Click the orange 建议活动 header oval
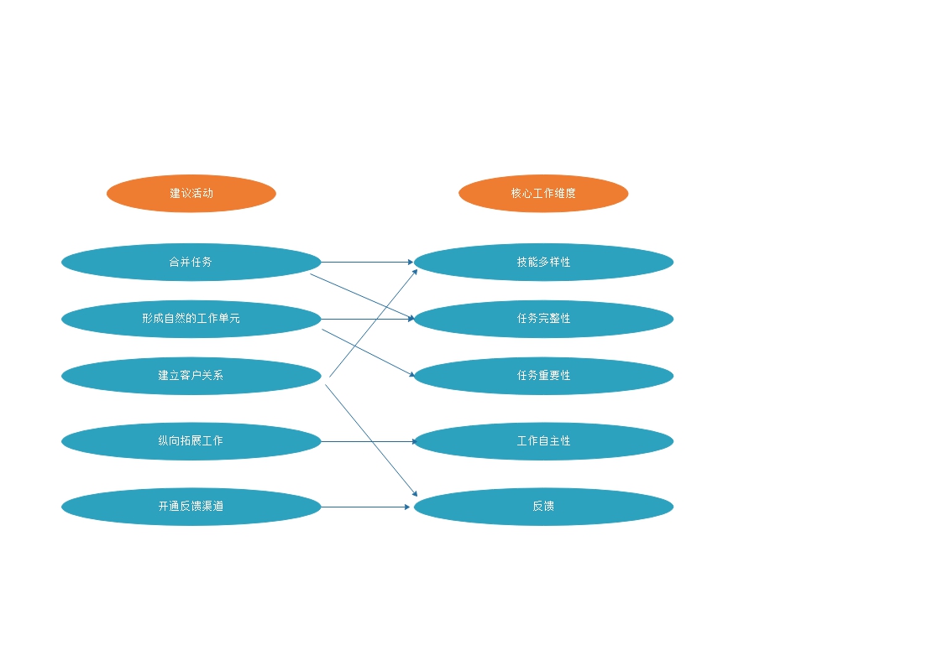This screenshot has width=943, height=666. tap(191, 194)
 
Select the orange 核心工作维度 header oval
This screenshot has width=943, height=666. tap(543, 194)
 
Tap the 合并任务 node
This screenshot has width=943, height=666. tap(191, 262)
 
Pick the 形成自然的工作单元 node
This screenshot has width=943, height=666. tap(191, 319)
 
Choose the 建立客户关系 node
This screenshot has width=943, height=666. tap(191, 376)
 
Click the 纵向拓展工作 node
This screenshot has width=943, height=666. tap(191, 441)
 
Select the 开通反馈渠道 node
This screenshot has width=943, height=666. tap(191, 507)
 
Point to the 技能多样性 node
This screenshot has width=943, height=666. tap(543, 262)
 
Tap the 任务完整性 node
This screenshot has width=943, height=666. tap(543, 319)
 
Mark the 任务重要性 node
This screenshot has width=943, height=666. tap(543, 376)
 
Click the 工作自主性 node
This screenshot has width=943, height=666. tap(543, 441)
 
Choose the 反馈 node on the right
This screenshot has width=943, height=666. tap(543, 507)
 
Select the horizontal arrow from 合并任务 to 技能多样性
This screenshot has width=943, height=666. tap(368, 262)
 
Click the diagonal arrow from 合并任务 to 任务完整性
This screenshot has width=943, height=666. tap(362, 297)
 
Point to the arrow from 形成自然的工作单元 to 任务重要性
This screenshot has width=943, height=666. tap(369, 353)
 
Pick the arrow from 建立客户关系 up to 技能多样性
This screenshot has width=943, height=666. tap(374, 323)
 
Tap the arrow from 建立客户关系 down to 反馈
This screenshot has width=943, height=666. tap(371, 440)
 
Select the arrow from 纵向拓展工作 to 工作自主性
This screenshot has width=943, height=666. tap(369, 441)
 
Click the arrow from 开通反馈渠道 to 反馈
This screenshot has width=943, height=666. tap(365, 507)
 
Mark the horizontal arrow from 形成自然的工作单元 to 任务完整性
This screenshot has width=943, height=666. tap(368, 319)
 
